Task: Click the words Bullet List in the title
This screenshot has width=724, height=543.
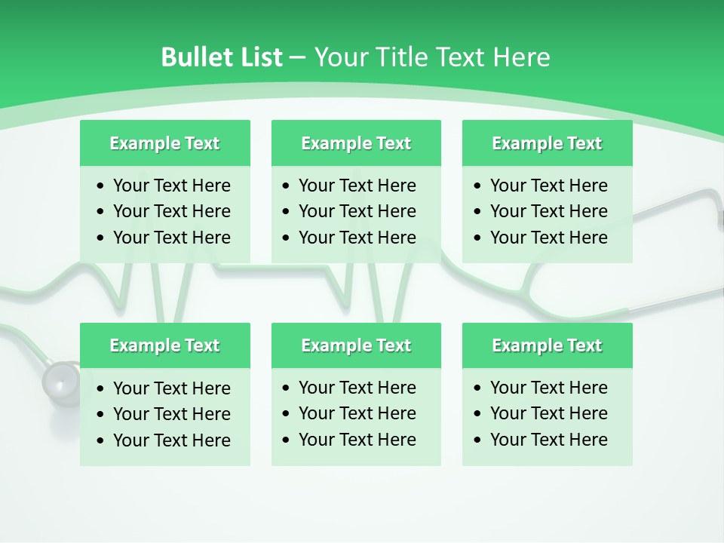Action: pos(221,57)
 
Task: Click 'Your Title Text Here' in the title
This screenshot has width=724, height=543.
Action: pos(431,57)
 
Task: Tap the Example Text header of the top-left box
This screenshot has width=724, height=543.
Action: pos(164,143)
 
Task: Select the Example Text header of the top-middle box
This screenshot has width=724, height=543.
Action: pos(356,143)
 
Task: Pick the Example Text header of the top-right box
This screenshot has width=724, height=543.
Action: pos(547,143)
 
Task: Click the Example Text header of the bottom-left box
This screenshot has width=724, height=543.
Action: pos(164,345)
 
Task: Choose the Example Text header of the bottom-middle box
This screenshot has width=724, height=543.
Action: pos(356,345)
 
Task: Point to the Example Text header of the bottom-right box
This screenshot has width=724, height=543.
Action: pos(547,345)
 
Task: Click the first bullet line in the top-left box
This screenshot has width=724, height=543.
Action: pos(171,186)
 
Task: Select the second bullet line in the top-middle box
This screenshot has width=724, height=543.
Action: pos(357,211)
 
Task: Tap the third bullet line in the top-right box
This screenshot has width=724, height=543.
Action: pos(548,238)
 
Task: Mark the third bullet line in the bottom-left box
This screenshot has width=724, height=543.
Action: pos(171,440)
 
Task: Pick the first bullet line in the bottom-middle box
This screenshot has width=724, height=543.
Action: pos(357,388)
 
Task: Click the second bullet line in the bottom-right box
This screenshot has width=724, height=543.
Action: pos(548,413)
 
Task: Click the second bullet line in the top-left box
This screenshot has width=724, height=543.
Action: pos(171,211)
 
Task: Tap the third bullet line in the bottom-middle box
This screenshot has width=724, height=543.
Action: pos(357,440)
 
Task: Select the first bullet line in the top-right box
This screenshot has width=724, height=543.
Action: pos(548,186)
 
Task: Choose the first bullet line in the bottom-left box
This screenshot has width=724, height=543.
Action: pos(171,388)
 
